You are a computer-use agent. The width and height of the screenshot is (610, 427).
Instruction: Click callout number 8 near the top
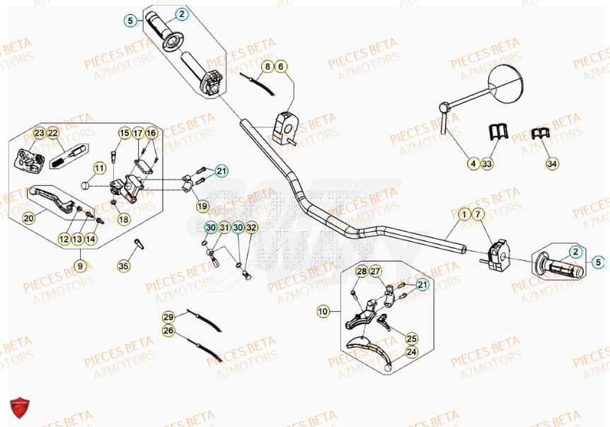point(267,66)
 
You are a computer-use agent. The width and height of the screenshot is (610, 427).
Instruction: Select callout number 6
point(281,66)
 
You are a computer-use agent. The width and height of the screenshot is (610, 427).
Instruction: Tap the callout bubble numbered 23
point(39,133)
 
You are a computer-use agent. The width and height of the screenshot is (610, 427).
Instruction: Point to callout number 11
point(99,168)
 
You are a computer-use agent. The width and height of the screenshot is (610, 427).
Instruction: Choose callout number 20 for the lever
point(28,218)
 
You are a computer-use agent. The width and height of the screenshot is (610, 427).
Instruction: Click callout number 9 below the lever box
point(80,266)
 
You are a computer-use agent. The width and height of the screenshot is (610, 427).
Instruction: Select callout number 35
point(124,267)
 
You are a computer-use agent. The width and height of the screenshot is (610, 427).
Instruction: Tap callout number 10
point(323,311)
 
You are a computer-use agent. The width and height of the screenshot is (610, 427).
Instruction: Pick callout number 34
point(552,164)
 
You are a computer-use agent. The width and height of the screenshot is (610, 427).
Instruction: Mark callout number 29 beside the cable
point(168,317)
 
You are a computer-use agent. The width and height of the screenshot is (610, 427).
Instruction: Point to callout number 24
point(411,351)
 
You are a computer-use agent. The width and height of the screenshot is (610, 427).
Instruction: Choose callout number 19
point(202,206)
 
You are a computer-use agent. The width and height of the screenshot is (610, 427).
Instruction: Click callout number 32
point(252,227)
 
